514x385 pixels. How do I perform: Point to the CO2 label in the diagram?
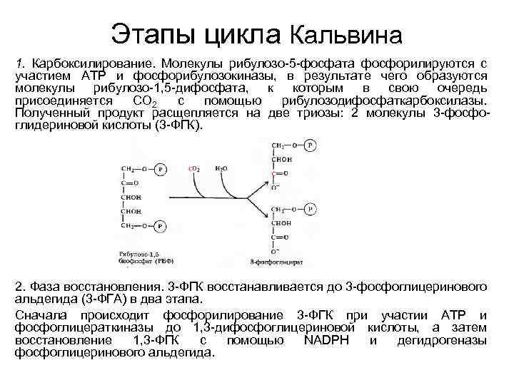point(193,169)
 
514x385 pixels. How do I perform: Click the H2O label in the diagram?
point(221,169)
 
